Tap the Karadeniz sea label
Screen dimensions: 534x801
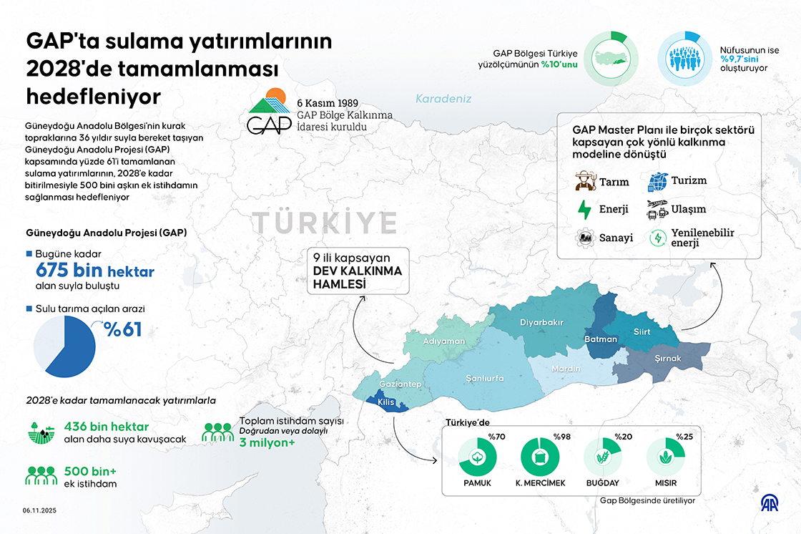tap(443, 99)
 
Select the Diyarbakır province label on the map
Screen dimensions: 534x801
tap(541, 322)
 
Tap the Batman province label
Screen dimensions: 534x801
tap(600, 339)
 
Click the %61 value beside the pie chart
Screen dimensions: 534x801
tap(122, 330)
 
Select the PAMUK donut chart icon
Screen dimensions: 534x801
tap(477, 457)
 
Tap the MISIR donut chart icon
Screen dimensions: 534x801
tap(665, 457)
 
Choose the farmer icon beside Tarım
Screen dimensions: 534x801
tap(585, 181)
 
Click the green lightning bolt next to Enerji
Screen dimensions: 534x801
tap(584, 210)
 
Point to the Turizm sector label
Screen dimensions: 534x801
tap(689, 180)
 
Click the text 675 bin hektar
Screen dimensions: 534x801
tap(94, 271)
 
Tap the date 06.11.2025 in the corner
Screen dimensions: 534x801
tap(39, 510)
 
